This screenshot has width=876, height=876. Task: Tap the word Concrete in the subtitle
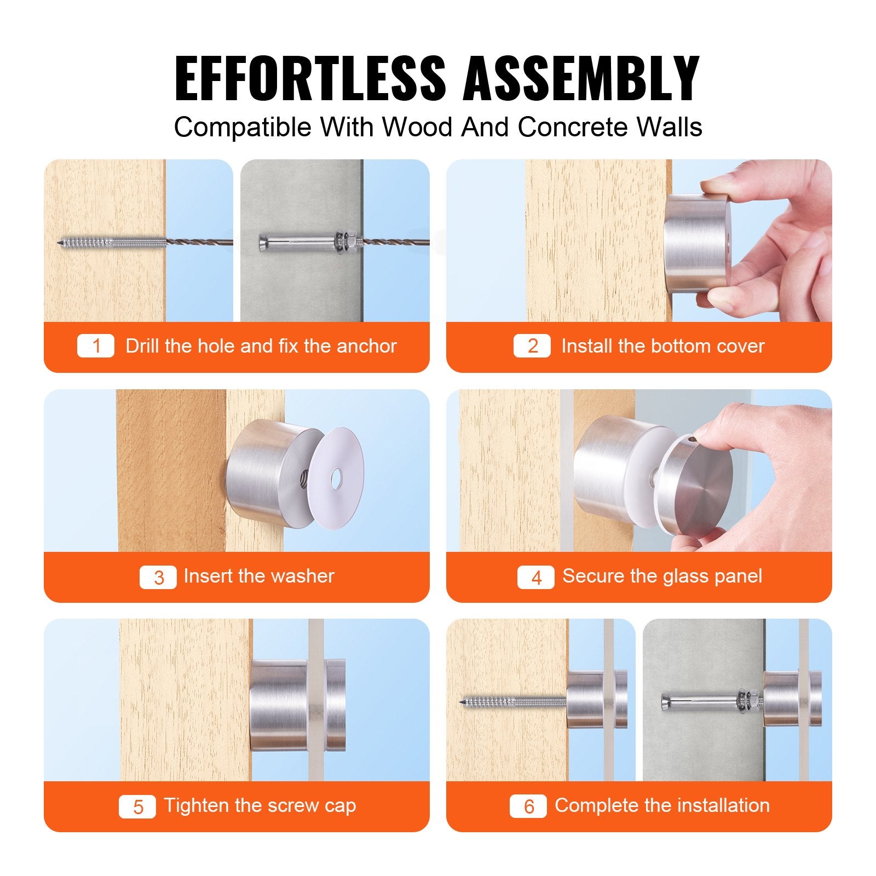572,127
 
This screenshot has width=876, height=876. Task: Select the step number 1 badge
96,346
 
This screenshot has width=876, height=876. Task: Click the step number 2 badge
532,346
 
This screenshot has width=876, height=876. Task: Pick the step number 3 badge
158,577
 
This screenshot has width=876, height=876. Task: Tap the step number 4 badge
535,577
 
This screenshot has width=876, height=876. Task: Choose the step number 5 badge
137,806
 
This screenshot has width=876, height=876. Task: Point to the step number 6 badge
528,806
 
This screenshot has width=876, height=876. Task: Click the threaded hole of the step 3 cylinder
302,481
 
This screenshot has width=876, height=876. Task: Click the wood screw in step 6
512,701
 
